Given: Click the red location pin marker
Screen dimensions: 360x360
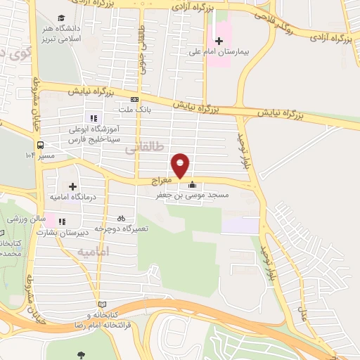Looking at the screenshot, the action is (181, 165).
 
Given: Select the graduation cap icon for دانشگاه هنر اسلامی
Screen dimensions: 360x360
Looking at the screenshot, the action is (62, 17).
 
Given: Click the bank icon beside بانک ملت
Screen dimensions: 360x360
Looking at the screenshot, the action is (134, 100).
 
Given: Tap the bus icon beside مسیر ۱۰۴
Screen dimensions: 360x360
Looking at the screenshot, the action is (30, 154).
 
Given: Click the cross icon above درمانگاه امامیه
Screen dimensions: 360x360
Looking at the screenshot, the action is (72, 168).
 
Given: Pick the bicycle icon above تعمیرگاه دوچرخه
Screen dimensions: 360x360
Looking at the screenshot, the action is (121, 219).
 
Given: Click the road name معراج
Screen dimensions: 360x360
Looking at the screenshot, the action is (162, 181).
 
